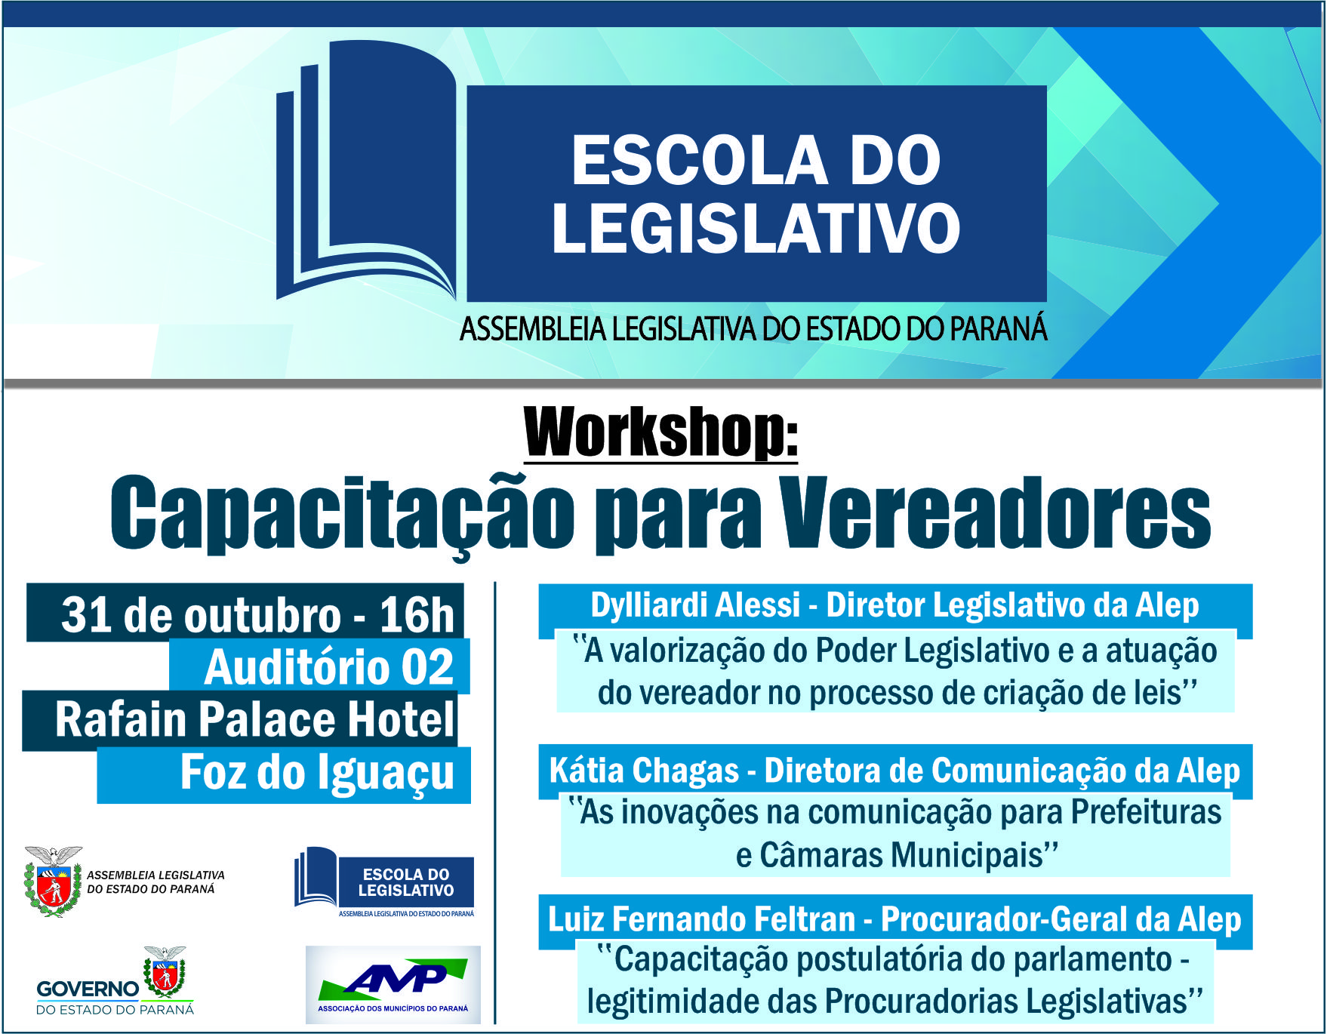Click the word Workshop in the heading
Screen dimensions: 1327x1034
click(654, 432)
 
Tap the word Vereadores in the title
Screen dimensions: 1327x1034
click(995, 512)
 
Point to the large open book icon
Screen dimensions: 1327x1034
click(366, 170)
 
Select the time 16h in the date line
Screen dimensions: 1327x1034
click(417, 614)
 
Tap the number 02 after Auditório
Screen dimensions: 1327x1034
click(427, 666)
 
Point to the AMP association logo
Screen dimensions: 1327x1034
click(393, 985)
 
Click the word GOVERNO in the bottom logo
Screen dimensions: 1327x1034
click(88, 989)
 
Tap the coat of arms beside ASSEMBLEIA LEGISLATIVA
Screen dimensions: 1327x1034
click(53, 881)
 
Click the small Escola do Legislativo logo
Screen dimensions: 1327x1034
click(384, 882)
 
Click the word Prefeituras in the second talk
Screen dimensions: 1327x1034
click(1146, 813)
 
